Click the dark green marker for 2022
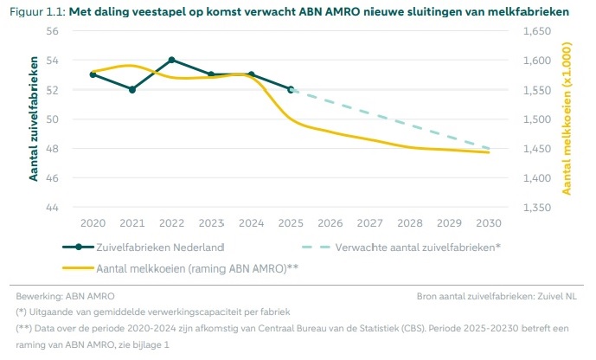point(172,60)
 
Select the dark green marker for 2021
point(132,89)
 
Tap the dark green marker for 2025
point(291,89)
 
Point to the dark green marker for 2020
point(93,74)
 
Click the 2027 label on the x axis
point(370,222)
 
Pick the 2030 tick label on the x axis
point(489,222)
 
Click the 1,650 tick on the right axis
point(538,30)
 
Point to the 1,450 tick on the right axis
point(538,149)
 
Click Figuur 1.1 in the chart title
point(29,12)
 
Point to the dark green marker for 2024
point(251,74)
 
